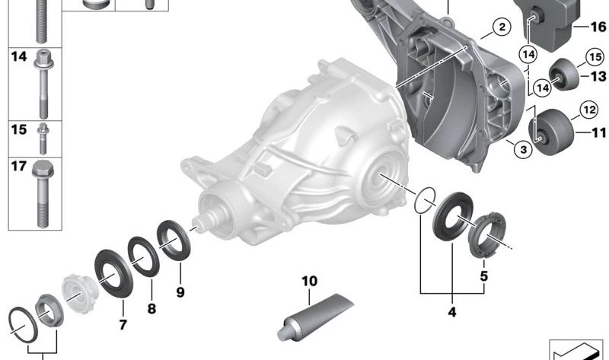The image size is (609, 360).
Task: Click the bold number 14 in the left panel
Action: tap(18, 56)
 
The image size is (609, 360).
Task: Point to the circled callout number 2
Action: tap(500, 29)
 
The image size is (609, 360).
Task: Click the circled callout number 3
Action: tap(522, 150)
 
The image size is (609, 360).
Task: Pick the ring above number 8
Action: tap(142, 255)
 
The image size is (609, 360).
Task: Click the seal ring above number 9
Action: tap(174, 238)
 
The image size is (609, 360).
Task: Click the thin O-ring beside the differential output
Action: tap(424, 202)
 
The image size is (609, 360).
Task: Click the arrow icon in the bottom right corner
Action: tap(576, 349)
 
